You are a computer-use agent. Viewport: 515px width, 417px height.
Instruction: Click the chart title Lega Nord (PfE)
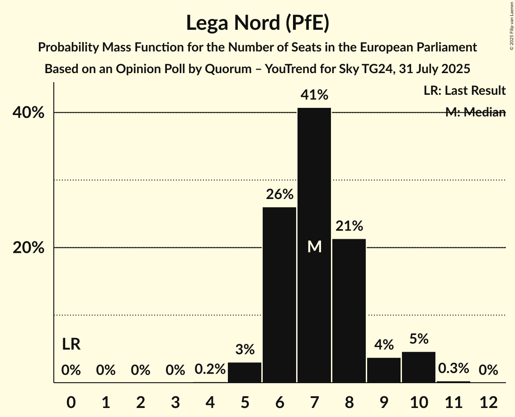pyautogui.click(x=257, y=23)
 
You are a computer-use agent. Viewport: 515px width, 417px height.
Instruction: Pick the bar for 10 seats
pyautogui.click(x=419, y=367)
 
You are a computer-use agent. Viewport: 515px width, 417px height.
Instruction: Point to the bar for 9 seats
pyautogui.click(x=384, y=370)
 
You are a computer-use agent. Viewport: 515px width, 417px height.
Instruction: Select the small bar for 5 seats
pyautogui.click(x=245, y=372)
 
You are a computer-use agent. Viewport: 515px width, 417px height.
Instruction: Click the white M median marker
pyautogui.click(x=314, y=246)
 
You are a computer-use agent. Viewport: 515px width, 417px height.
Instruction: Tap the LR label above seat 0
pyautogui.click(x=71, y=345)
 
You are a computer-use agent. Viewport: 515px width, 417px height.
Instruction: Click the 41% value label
pyautogui.click(x=314, y=95)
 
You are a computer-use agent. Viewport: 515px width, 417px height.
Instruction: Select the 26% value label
pyautogui.click(x=279, y=195)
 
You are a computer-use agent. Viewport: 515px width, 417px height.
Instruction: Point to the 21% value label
pyautogui.click(x=349, y=226)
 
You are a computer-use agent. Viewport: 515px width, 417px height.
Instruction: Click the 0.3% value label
pyautogui.click(x=454, y=369)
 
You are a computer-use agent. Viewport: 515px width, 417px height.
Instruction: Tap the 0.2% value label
pyautogui.click(x=210, y=369)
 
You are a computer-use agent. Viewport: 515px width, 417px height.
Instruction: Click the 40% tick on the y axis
pyautogui.click(x=28, y=113)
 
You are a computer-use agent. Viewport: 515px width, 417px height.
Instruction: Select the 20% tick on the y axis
pyautogui.click(x=28, y=248)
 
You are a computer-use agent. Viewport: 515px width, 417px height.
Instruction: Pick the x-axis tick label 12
pyautogui.click(x=488, y=401)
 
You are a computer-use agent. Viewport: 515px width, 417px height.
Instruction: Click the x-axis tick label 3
pyautogui.click(x=175, y=401)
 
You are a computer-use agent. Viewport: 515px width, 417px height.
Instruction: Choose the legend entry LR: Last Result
pyautogui.click(x=464, y=91)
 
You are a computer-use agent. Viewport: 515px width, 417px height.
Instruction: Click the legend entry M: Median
pyautogui.click(x=475, y=112)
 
